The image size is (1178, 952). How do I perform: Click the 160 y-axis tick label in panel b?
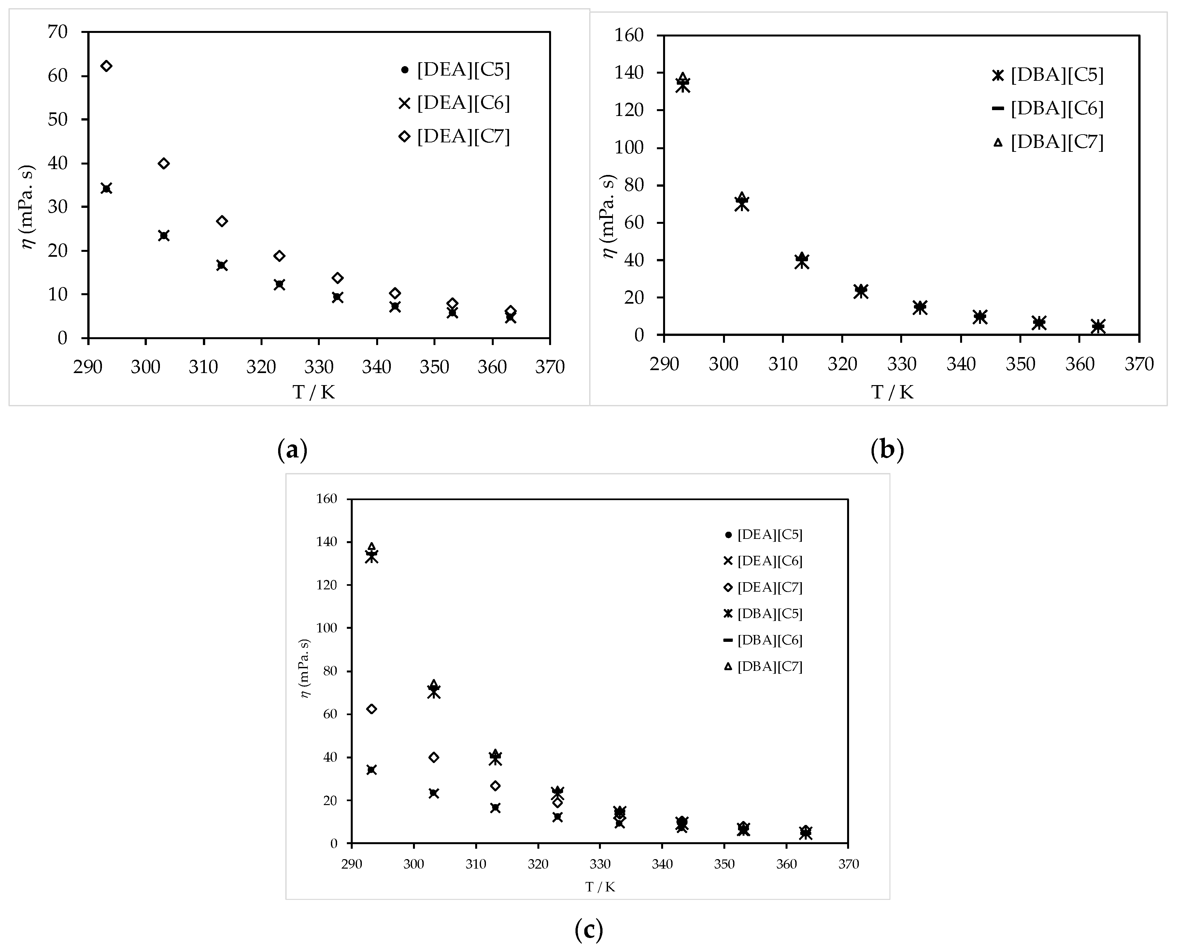pyautogui.click(x=631, y=36)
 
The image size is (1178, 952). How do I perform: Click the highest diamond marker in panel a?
pyautogui.click(x=106, y=66)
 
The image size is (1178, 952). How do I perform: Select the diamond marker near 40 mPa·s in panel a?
pyautogui.click(x=163, y=164)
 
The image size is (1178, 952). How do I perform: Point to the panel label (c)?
pyautogui.click(x=589, y=930)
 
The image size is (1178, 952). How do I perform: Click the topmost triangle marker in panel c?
pyautogui.click(x=371, y=547)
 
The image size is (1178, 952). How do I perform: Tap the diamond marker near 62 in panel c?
pyautogui.click(x=371, y=709)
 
